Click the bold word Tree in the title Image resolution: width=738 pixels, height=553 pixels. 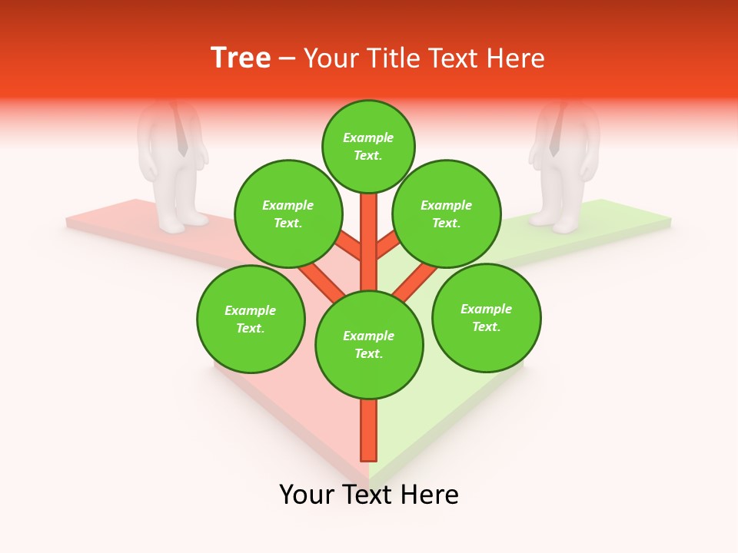(241, 58)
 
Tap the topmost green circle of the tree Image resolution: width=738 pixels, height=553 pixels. (368, 146)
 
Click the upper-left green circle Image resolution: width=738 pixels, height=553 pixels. (288, 214)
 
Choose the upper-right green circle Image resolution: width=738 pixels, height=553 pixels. (447, 214)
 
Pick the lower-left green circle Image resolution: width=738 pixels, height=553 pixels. (251, 319)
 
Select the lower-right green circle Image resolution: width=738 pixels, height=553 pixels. (487, 317)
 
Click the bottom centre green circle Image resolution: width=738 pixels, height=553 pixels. (369, 344)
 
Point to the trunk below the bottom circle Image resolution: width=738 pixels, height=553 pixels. (369, 430)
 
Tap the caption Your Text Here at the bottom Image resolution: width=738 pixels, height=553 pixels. (369, 495)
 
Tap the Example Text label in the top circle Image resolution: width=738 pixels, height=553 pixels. (368, 146)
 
